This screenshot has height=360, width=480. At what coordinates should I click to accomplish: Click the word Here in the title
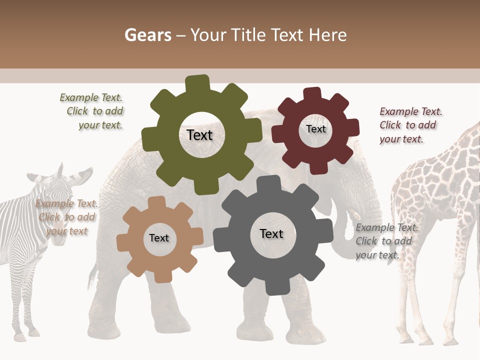pos(327,35)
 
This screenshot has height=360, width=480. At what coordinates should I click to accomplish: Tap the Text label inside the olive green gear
pos(199,135)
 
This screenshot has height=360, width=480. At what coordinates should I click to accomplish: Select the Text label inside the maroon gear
pos(315,129)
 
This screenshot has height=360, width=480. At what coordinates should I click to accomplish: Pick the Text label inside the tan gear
pos(158,238)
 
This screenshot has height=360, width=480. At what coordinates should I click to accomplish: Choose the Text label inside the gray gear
pos(271,234)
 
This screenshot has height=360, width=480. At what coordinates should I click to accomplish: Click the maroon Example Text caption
pos(409,125)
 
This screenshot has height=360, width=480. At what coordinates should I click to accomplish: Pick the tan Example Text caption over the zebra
pos(66,217)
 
